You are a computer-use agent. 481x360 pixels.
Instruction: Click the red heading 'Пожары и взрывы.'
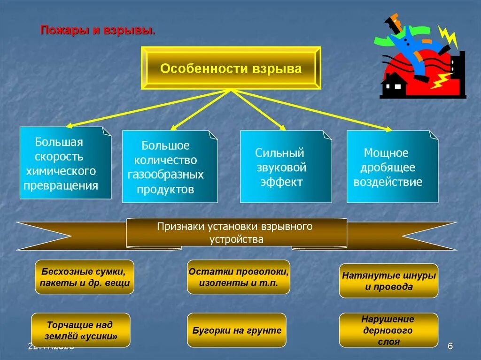98,31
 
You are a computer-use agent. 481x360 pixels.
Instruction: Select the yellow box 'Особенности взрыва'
231,69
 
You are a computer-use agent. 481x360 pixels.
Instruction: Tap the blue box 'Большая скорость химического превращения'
65,163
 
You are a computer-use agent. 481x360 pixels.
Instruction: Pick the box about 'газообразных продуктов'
170,167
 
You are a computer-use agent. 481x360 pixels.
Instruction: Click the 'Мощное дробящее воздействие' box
392,167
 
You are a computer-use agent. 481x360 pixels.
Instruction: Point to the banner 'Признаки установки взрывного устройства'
236,233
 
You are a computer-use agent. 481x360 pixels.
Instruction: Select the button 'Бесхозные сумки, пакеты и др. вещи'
85,277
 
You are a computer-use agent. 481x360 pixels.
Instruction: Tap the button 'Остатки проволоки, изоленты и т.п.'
239,277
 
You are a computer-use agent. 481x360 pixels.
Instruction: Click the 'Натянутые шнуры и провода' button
388,281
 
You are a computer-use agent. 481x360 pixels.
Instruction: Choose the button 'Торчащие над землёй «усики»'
80,330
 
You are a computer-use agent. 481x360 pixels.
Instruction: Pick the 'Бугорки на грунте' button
236,330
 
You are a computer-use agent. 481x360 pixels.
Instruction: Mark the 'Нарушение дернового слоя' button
388,330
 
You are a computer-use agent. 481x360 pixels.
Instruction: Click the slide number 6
450,346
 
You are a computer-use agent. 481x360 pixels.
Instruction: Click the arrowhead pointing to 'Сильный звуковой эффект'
283,128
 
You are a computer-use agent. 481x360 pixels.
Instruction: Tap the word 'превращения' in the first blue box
62,185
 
